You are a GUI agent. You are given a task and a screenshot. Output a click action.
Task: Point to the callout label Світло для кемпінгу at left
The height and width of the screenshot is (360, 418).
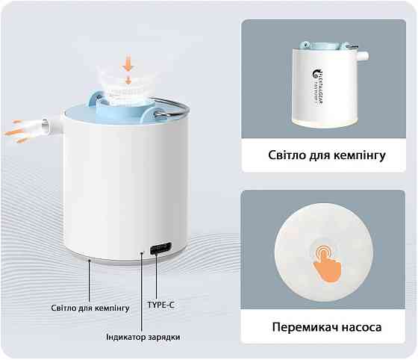point(91,308)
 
